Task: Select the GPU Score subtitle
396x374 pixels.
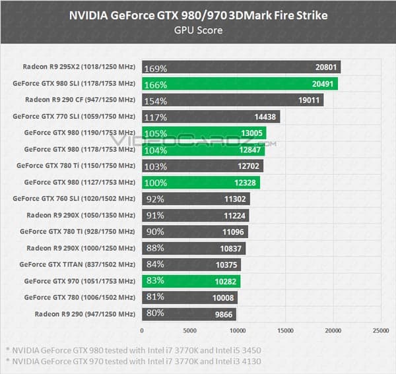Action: [x=197, y=29]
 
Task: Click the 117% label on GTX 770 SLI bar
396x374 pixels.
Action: [x=155, y=117]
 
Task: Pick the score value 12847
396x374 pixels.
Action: [x=251, y=150]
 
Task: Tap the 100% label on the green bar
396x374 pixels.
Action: [x=155, y=182]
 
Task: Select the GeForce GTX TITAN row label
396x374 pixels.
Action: [x=78, y=265]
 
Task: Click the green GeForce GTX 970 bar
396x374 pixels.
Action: [x=191, y=281]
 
